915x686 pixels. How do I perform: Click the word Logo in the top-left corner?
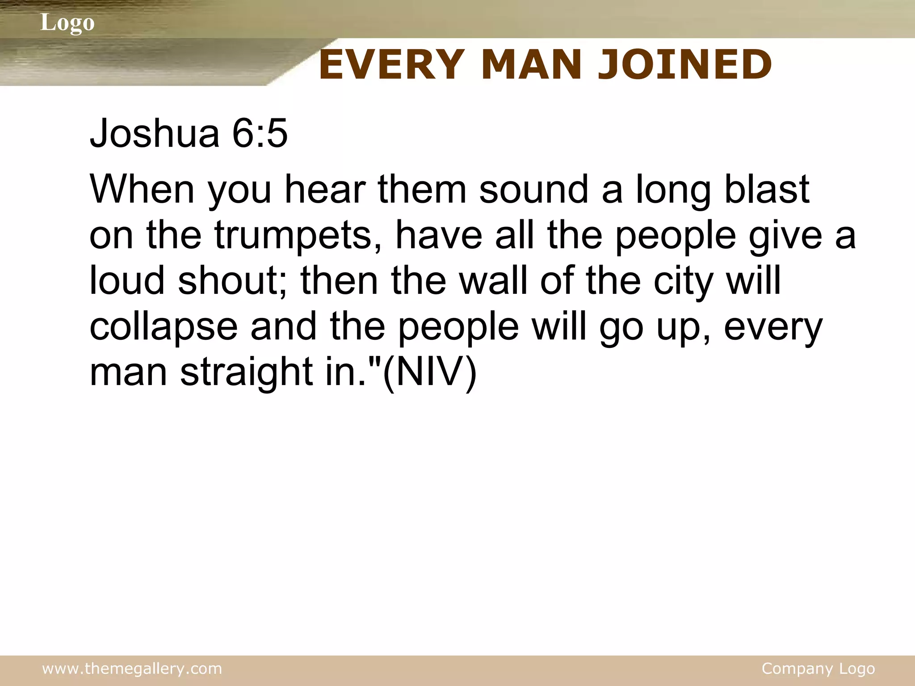click(x=67, y=23)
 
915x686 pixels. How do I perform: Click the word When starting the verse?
click(x=142, y=189)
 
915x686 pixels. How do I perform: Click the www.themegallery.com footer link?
click(x=132, y=669)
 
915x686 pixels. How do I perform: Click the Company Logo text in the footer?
click(x=818, y=669)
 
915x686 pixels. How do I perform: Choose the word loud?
click(x=127, y=281)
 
